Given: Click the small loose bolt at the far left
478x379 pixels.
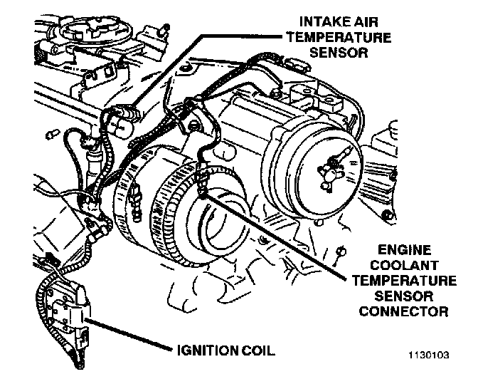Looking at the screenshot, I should (51, 133).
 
